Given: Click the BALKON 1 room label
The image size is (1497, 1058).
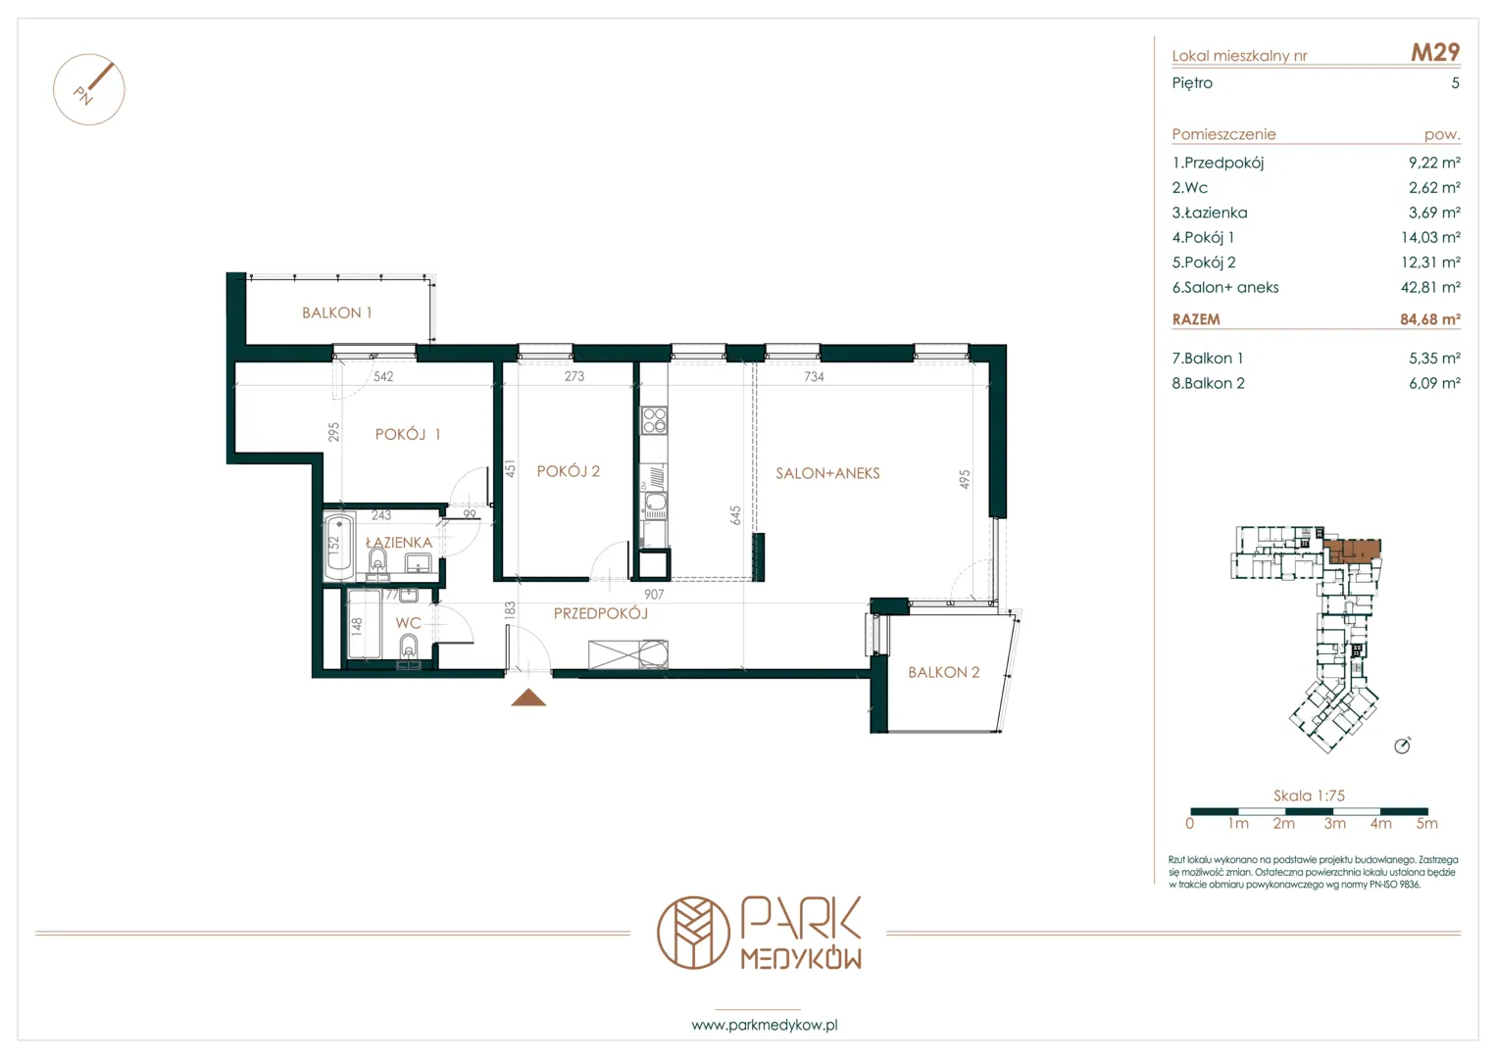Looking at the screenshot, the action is (337, 313).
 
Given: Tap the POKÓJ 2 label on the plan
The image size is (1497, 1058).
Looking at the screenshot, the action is (568, 471).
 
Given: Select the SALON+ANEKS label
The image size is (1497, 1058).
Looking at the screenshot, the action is (827, 473).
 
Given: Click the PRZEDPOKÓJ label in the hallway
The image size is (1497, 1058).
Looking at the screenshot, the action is (601, 613).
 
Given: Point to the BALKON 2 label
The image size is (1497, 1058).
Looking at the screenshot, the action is (944, 672).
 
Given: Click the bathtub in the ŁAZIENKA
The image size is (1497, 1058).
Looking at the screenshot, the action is (339, 547).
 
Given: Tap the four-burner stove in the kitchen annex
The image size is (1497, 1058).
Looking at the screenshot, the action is (654, 421).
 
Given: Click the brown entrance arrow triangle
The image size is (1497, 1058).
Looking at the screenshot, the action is (528, 697).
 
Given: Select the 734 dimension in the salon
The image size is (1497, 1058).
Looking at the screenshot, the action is (814, 377).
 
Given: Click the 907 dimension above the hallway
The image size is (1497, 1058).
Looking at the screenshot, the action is (654, 594).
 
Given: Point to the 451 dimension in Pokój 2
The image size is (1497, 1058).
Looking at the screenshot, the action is (511, 468).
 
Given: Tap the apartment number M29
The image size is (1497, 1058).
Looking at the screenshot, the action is (1435, 52).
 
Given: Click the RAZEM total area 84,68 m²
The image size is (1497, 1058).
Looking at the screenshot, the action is (1430, 319).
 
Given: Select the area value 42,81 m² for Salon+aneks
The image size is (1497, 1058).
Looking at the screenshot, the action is (1430, 287).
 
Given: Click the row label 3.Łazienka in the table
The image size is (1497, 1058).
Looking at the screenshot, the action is (1210, 213).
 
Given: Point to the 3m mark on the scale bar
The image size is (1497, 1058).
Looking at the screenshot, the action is (1334, 824).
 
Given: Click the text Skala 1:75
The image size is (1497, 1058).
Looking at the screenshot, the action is (1309, 795).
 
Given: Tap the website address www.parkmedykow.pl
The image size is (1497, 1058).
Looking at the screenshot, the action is (765, 1026).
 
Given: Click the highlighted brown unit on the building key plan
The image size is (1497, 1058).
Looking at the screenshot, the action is (1353, 551).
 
